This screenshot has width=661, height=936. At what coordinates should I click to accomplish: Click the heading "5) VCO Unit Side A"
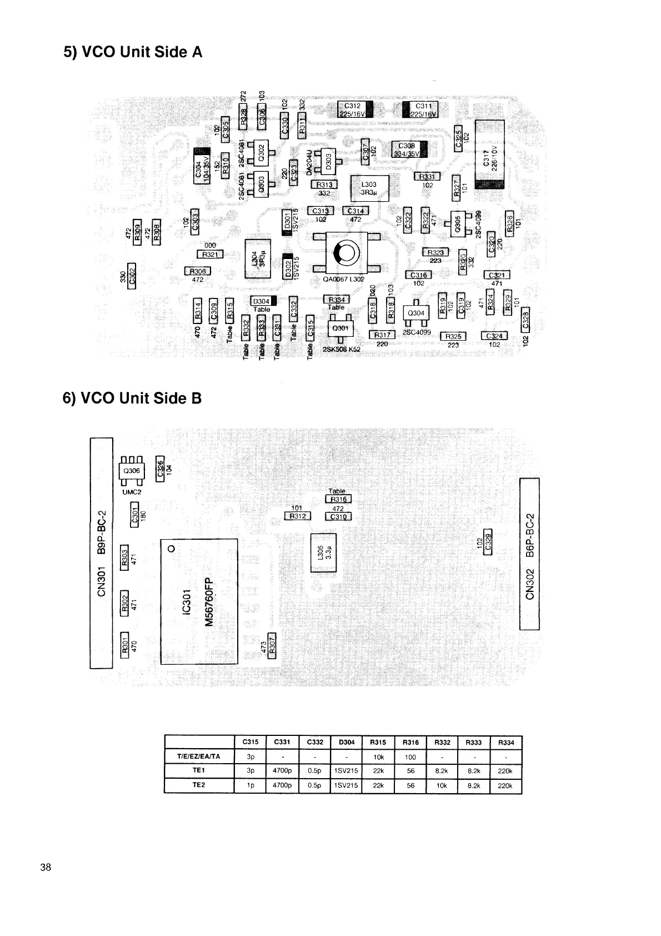tap(133, 52)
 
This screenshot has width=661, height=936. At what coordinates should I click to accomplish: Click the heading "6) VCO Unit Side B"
tap(133, 399)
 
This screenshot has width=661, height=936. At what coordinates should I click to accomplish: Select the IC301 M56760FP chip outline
tap(198, 601)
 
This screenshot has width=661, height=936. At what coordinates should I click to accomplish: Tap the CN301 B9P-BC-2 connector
tap(101, 553)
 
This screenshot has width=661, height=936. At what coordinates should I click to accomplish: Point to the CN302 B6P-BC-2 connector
tap(529, 554)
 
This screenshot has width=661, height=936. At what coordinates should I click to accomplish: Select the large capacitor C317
tap(489, 155)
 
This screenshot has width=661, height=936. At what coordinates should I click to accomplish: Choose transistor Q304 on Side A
tap(416, 313)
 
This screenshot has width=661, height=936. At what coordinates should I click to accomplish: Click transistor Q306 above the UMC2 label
tap(132, 470)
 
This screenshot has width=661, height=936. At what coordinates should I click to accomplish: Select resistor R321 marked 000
tap(210, 254)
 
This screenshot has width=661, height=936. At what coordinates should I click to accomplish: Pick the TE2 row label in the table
tap(199, 785)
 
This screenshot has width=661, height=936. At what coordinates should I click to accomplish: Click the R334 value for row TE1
tap(505, 771)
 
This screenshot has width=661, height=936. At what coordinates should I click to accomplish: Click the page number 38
tap(46, 867)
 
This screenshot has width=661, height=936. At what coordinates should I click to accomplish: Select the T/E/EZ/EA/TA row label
tap(199, 756)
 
